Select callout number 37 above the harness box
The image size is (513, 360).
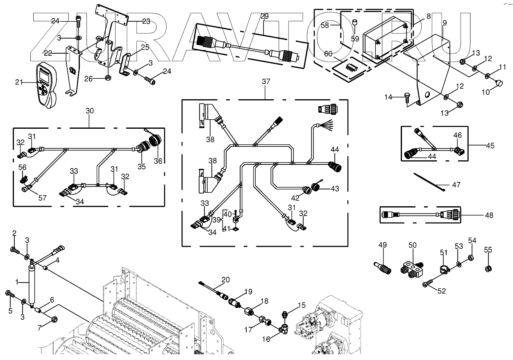[x=266, y=82]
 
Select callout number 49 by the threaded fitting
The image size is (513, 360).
[x=382, y=245]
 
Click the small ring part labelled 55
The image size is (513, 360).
[x=488, y=269]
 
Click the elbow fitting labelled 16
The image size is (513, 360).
[x=284, y=329]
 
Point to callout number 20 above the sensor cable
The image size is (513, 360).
[x=226, y=280]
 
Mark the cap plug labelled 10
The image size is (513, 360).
[x=499, y=83]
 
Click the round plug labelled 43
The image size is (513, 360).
[x=317, y=187]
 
